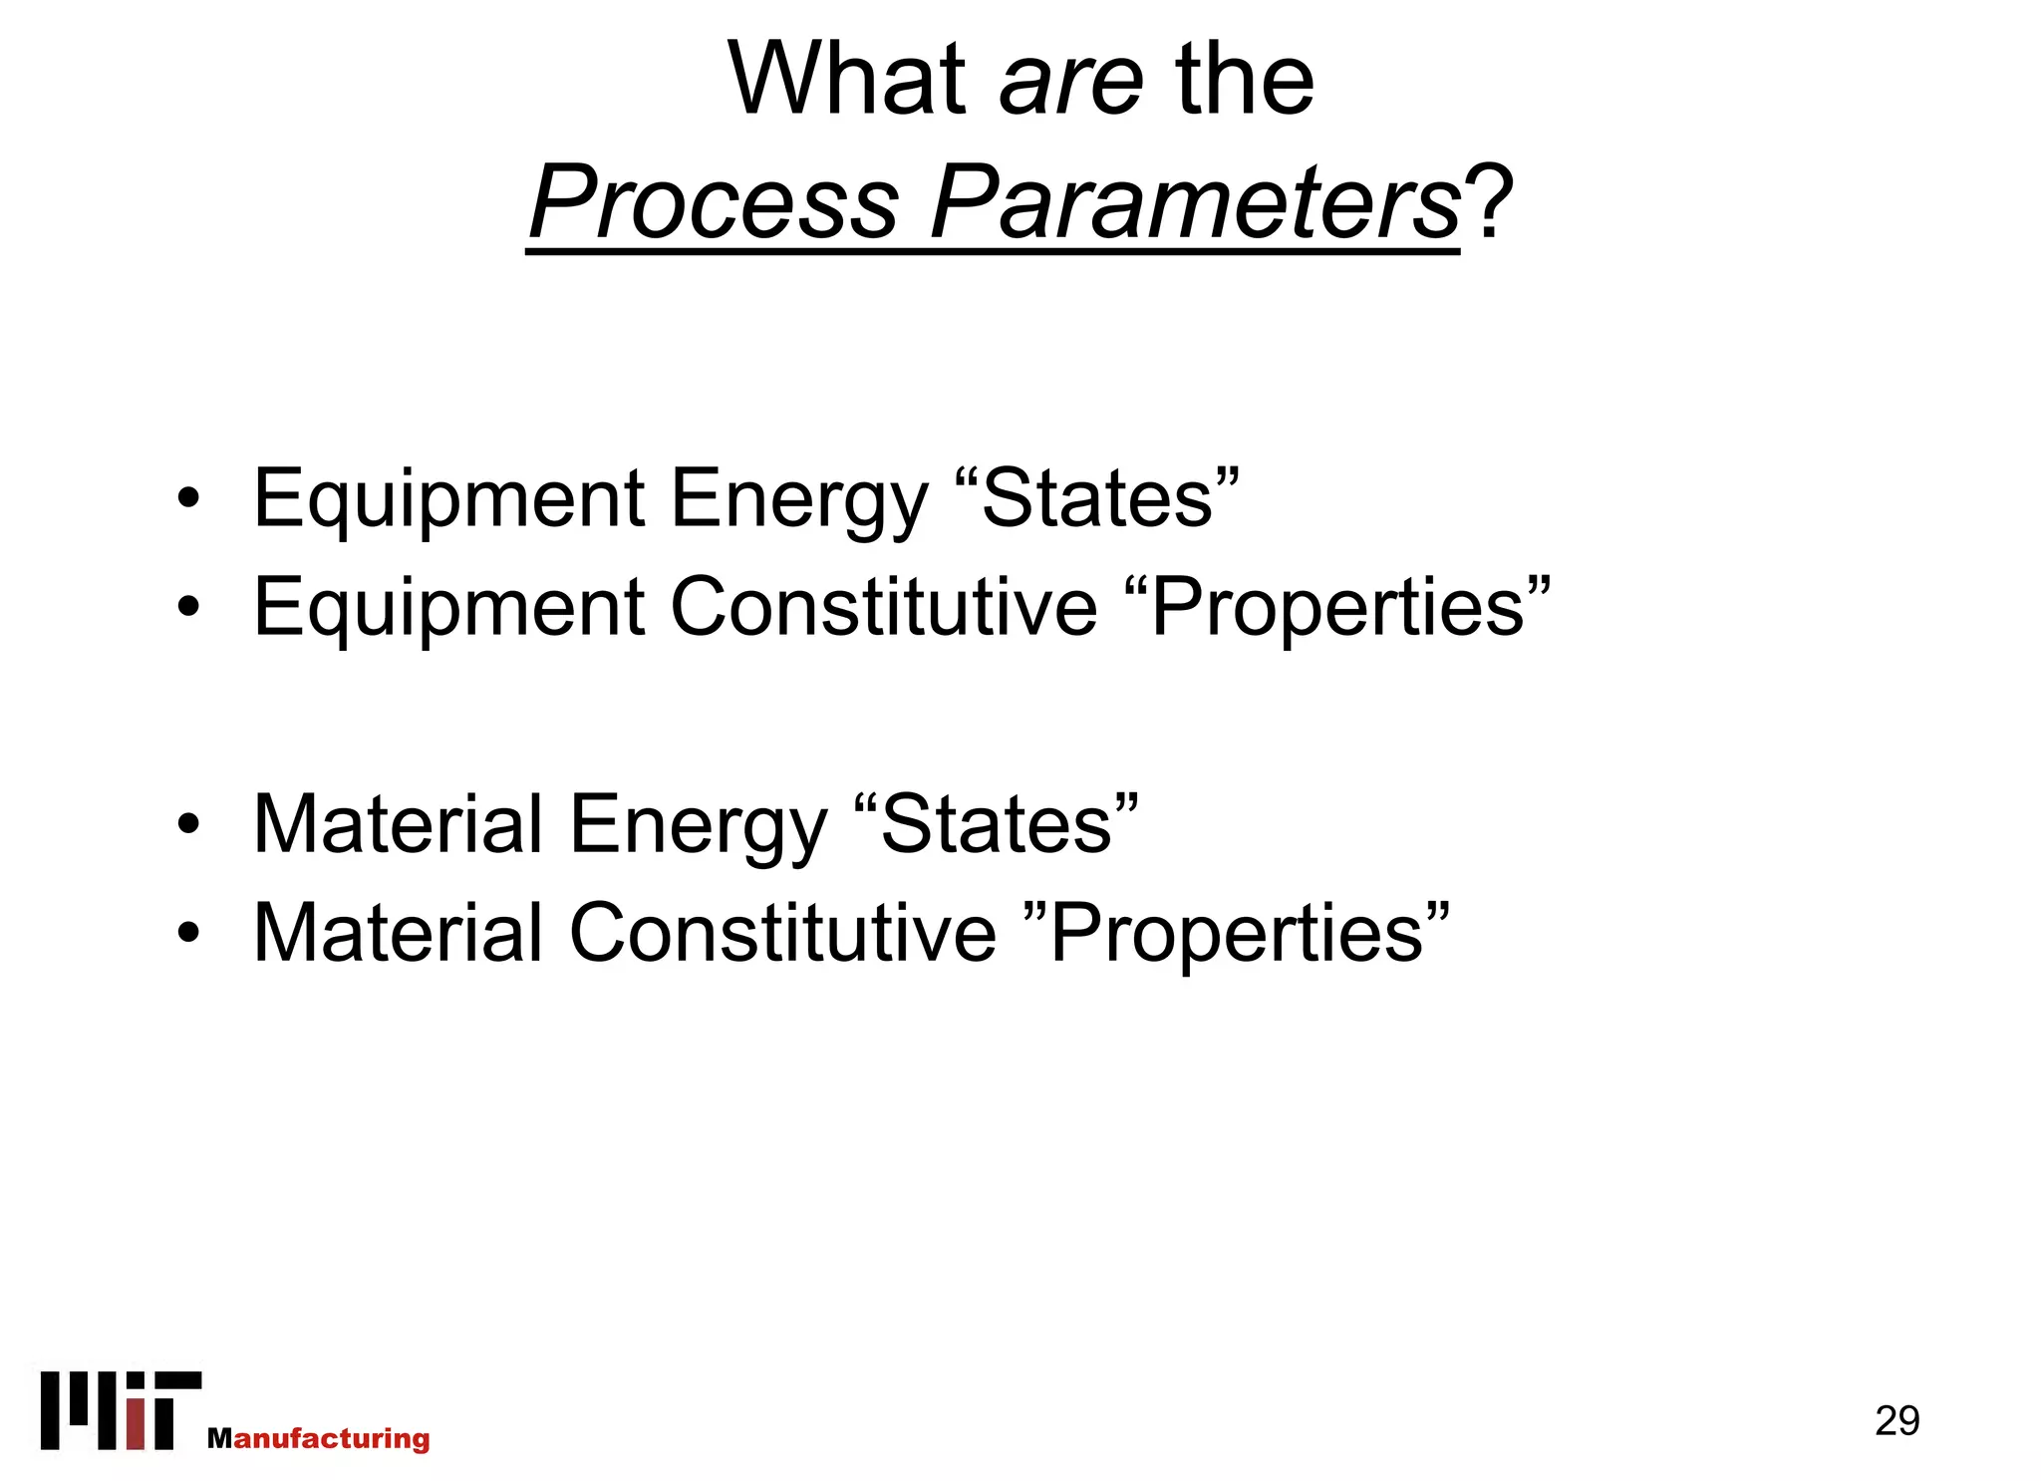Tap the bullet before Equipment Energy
(x=188, y=498)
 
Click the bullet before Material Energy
(x=188, y=825)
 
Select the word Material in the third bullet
(x=398, y=825)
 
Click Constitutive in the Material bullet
(x=782, y=933)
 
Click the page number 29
(x=1896, y=1420)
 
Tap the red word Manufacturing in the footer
(x=319, y=1438)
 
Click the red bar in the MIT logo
(x=137, y=1424)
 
